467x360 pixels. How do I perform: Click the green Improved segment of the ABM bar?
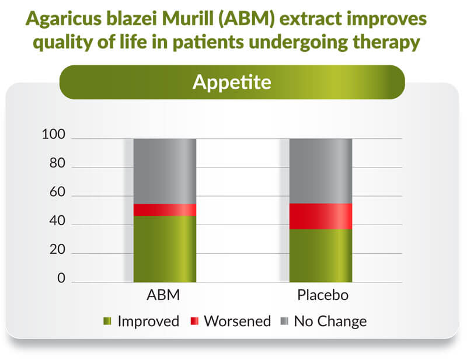[165, 249]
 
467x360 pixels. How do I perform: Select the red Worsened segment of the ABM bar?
[165, 210]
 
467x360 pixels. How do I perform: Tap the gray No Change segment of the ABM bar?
[165, 172]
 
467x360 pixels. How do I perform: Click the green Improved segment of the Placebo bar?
[320, 256]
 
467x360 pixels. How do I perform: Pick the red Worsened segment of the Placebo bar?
[320, 216]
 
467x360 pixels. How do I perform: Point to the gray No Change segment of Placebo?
[320, 171]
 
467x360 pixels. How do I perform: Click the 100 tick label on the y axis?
[53, 134]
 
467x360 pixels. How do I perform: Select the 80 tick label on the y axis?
[57, 163]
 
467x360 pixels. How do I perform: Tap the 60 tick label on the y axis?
[57, 192]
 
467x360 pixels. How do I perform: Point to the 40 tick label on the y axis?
[57, 221]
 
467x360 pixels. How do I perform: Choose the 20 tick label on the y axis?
[57, 250]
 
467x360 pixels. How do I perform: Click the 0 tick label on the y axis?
[61, 278]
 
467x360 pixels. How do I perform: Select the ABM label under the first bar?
[163, 295]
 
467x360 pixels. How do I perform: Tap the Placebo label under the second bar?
[323, 295]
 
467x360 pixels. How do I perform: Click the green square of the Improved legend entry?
[107, 321]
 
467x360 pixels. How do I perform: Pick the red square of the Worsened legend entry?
[194, 321]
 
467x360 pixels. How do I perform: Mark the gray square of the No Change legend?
[285, 321]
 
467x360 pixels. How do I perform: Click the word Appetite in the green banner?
[232, 82]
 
